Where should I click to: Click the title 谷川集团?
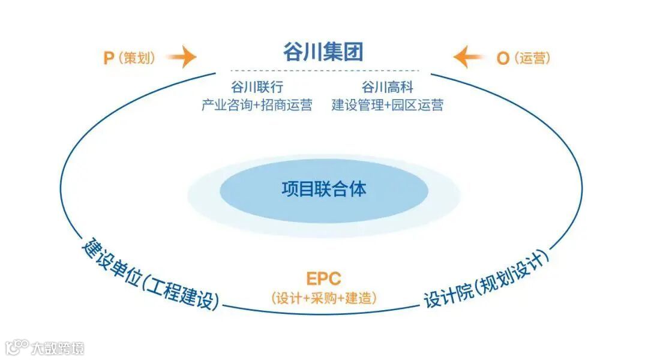[x=323, y=52]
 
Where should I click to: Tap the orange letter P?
[x=109, y=58]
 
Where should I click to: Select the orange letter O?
[x=503, y=58]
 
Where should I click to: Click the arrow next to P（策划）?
[x=181, y=58]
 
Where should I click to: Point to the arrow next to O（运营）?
[x=469, y=58]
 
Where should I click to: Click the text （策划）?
[x=137, y=58]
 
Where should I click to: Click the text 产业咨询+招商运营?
[x=257, y=106]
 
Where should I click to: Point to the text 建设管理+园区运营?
[x=388, y=106]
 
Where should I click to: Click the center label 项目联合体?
[x=324, y=190]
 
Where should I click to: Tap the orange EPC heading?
[x=323, y=279]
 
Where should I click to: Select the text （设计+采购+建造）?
[x=324, y=298]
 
